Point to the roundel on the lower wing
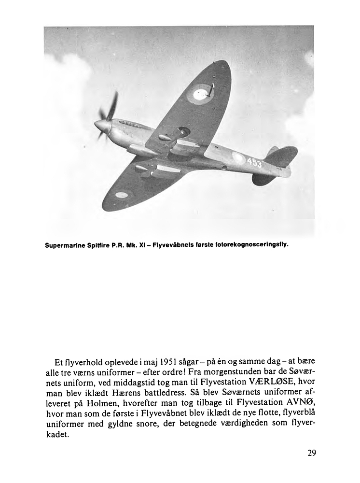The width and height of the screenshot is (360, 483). pyautogui.click(x=122, y=195)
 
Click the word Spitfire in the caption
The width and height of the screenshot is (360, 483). pyautogui.click(x=97, y=245)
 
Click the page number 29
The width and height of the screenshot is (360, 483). pyautogui.click(x=311, y=453)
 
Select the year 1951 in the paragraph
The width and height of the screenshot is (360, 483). pyautogui.click(x=170, y=362)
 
